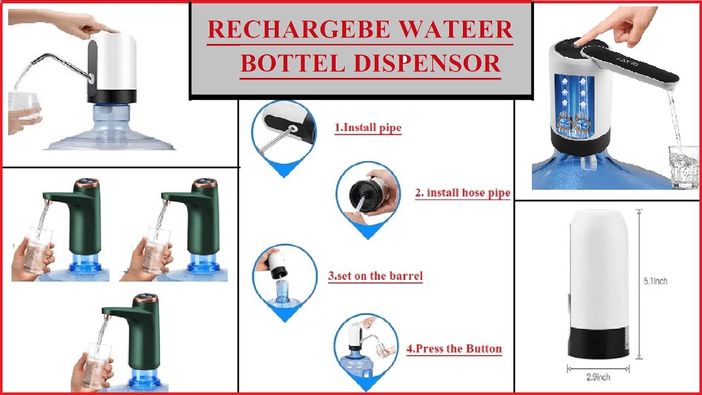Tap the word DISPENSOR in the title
[x=426, y=63]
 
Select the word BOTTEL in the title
[x=292, y=63]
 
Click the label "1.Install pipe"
[x=368, y=128]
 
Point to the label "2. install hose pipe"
[x=462, y=193]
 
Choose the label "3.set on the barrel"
[x=375, y=275]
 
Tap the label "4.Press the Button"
[x=454, y=348]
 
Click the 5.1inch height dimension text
[x=655, y=281]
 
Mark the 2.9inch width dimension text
[x=597, y=377]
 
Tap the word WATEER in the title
[x=461, y=30]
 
